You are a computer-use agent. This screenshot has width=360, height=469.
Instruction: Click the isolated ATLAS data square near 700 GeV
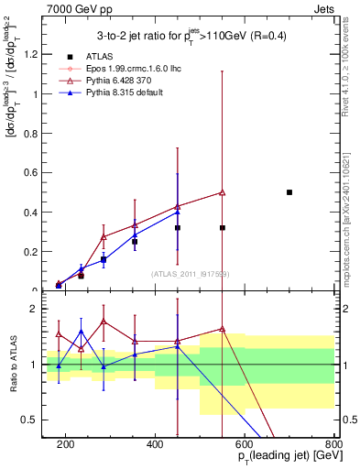(289, 192)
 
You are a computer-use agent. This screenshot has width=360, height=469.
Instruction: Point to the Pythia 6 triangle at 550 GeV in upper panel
(223, 192)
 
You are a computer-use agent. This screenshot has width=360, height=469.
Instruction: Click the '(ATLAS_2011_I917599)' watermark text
(189, 273)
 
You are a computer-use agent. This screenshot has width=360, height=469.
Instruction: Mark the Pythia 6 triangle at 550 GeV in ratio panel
(223, 329)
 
